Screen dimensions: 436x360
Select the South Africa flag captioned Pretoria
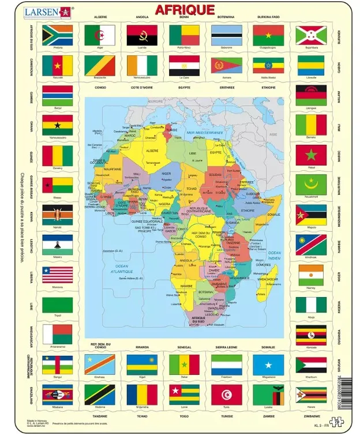[x=58, y=35]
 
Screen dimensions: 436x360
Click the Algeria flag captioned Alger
[x=100, y=35]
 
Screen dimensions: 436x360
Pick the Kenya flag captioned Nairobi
[x=58, y=215]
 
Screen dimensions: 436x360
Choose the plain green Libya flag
[x=58, y=305]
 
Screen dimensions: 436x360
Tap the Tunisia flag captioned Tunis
[x=226, y=394]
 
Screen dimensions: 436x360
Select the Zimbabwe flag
[x=311, y=394]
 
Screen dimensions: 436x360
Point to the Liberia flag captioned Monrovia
[x=58, y=275]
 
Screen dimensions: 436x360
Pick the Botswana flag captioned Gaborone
[x=226, y=35]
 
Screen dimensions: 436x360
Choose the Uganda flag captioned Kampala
[x=311, y=334]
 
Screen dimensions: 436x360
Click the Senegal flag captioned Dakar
[x=183, y=364]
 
